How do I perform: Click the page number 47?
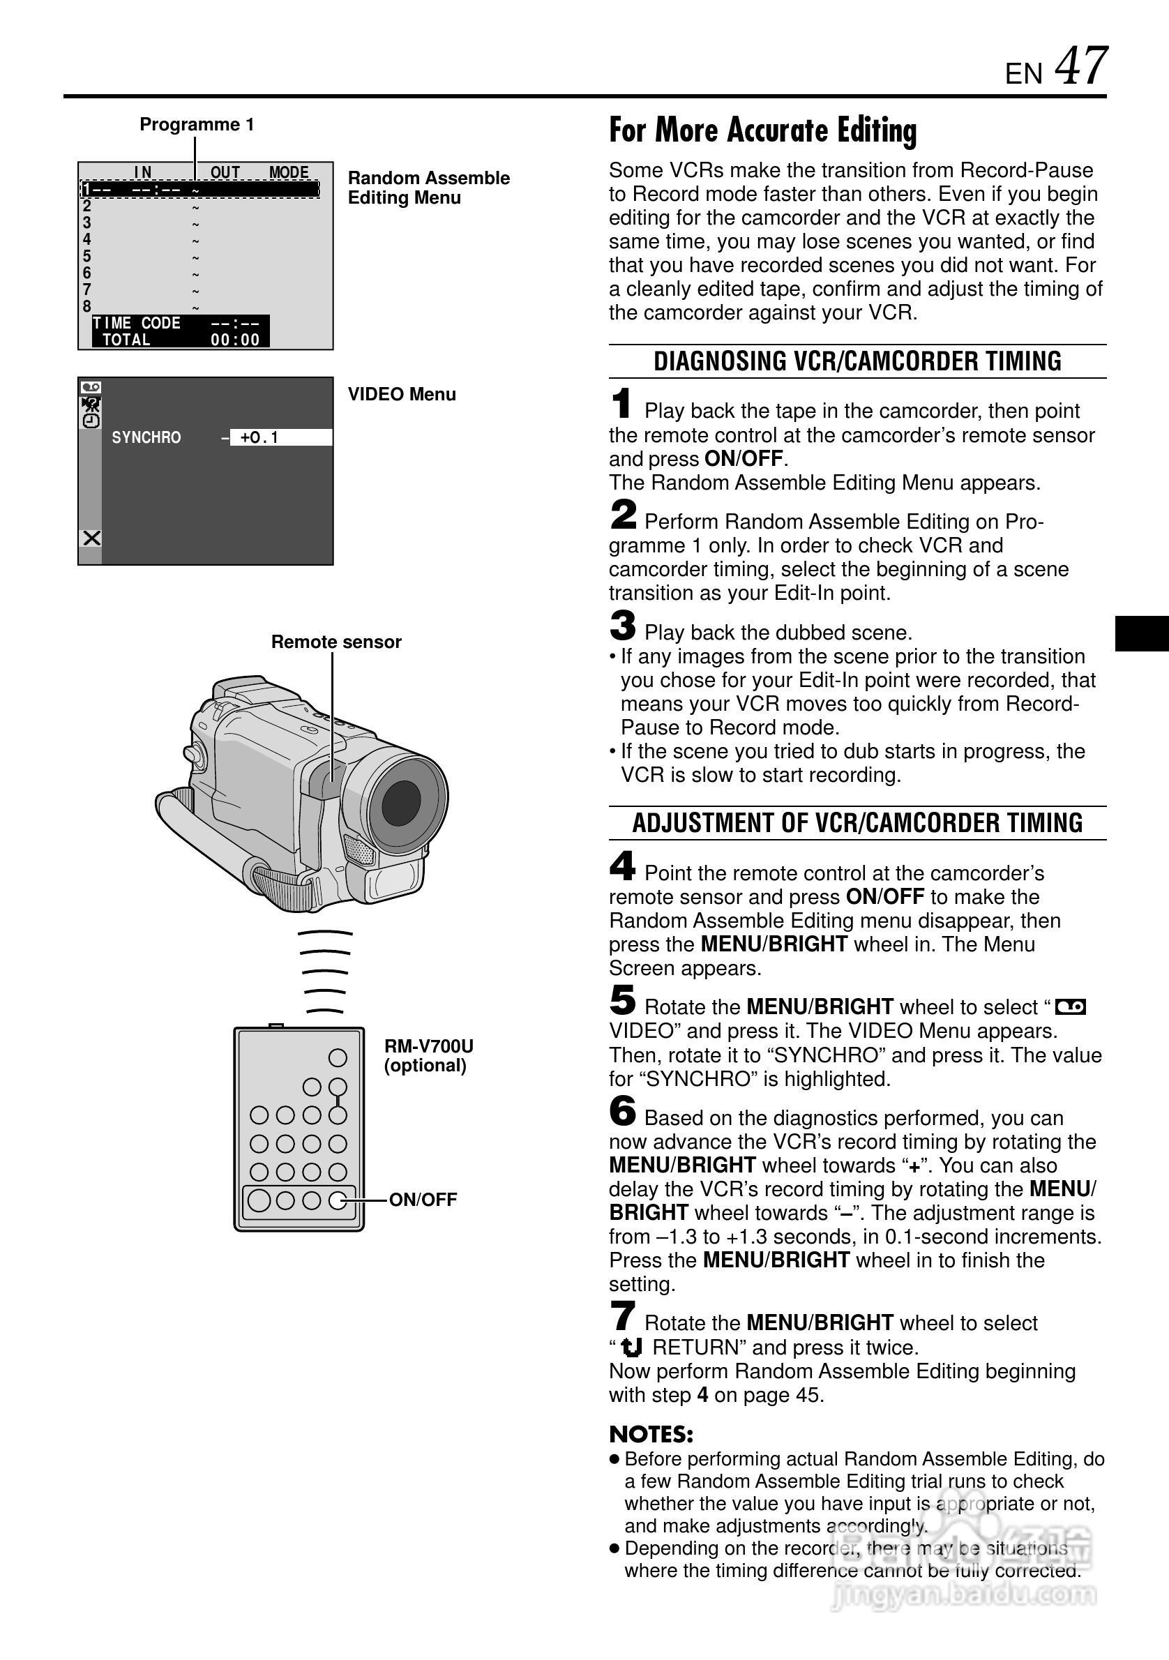tap(1080, 66)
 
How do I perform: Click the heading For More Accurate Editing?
tap(762, 131)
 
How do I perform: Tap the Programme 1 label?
tap(197, 124)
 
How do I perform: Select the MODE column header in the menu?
tap(289, 173)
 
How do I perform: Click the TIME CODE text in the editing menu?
tap(137, 323)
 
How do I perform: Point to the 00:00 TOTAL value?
tap(235, 340)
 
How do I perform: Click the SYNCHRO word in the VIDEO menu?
tap(146, 437)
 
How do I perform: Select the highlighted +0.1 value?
tap(260, 437)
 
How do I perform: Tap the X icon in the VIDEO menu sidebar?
tap(91, 538)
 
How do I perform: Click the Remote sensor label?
tap(336, 642)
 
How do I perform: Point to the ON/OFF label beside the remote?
tap(423, 1200)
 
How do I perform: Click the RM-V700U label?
tap(429, 1046)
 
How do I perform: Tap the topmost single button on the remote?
tap(338, 1058)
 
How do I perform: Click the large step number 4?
tap(622, 866)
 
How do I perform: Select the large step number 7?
tap(622, 1316)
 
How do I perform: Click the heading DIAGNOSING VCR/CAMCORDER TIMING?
tap(857, 361)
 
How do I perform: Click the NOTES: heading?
tap(651, 1435)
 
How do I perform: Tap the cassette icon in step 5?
tap(1071, 1007)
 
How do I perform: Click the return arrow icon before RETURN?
tap(632, 1348)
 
